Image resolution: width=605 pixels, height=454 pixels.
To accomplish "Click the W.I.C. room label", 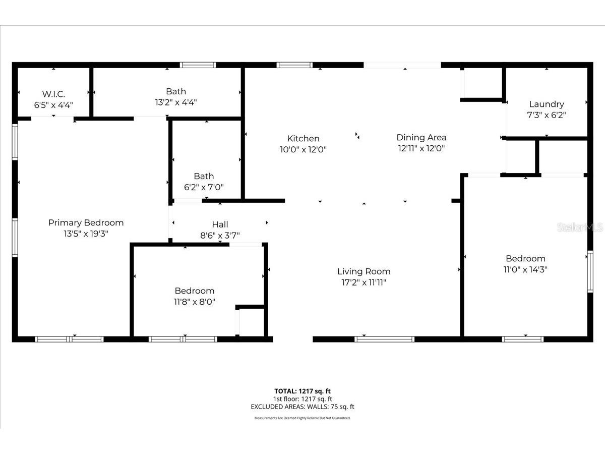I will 53,94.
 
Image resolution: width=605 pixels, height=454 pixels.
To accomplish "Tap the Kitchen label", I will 303,139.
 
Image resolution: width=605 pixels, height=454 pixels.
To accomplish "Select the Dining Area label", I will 421,137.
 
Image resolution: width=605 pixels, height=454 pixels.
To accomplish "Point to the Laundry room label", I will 547,104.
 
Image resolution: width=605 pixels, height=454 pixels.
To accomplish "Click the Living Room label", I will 364,271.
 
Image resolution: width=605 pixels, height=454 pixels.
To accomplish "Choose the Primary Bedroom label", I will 86,222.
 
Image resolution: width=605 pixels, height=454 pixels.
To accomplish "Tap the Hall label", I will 220,224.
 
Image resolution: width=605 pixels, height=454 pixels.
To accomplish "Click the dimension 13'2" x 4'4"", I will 176,102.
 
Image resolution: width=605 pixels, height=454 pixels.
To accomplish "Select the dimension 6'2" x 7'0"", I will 204,187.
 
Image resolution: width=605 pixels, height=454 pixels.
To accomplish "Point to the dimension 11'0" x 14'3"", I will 526,269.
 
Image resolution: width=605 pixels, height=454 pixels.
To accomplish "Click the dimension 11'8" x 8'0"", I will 195,302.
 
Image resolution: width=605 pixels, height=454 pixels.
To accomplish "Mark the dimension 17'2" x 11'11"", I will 364,282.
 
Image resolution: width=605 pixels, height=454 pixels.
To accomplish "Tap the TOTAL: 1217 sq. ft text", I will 302,391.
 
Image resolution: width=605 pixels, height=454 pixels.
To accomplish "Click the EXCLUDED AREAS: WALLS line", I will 302,407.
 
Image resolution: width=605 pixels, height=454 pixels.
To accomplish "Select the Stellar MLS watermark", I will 580,228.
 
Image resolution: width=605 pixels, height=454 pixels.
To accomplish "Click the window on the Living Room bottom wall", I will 384,339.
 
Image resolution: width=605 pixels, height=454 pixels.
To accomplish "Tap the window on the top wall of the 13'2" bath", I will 198,65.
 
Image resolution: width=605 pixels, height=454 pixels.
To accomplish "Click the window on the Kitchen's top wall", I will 294,65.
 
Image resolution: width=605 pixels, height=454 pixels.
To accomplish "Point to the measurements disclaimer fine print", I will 302,418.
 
